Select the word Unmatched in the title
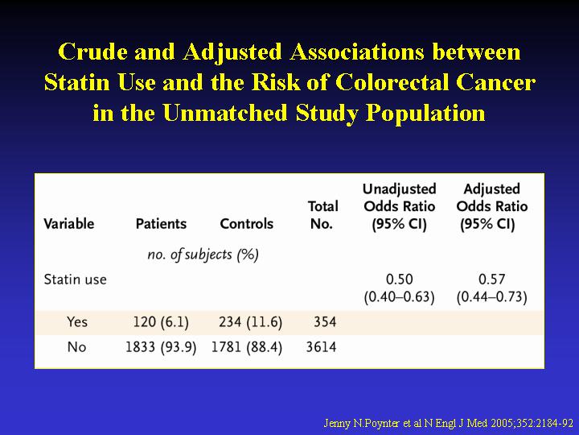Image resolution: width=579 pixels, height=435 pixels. tap(225, 113)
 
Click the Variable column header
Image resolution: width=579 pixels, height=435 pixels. tap(69, 224)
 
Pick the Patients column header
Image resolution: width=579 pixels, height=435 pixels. tap(161, 224)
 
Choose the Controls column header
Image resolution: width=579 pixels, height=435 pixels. tap(247, 224)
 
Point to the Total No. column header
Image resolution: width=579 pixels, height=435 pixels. tap(322, 215)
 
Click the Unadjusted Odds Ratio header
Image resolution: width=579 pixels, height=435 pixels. tap(400, 207)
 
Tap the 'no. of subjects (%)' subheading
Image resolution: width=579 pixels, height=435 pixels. tap(203, 255)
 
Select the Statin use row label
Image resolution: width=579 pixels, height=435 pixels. tap(76, 280)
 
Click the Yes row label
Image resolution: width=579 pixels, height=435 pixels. tap(77, 321)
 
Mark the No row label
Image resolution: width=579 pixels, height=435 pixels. tap(77, 347)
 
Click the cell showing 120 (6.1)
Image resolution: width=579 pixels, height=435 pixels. tap(161, 322)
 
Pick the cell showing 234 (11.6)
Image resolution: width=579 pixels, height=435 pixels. tap(250, 322)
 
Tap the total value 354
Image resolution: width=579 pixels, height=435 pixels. tap(325, 321)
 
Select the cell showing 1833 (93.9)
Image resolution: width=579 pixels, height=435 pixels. tap(161, 348)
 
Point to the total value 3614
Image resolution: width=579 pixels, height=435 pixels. tap(321, 347)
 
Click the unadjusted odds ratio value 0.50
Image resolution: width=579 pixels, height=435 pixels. tap(400, 280)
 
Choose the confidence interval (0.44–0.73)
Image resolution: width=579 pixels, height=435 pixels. tap(492, 297)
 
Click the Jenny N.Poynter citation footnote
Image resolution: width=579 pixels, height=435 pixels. tap(448, 423)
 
